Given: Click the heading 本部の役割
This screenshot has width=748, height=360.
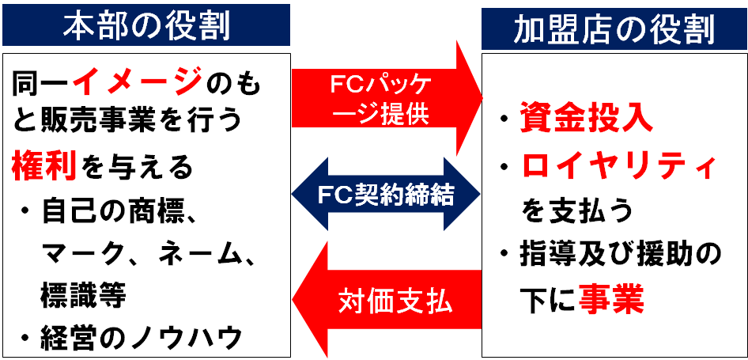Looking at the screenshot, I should [146, 25].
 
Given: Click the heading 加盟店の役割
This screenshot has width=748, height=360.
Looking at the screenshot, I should [614, 31].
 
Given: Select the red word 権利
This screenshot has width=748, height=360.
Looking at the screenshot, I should [44, 166].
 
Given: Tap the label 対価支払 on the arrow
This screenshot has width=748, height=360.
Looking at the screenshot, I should [395, 301].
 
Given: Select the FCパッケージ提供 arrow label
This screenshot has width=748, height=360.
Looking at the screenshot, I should [381, 99].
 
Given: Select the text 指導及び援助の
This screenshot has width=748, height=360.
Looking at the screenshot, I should [620, 255].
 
